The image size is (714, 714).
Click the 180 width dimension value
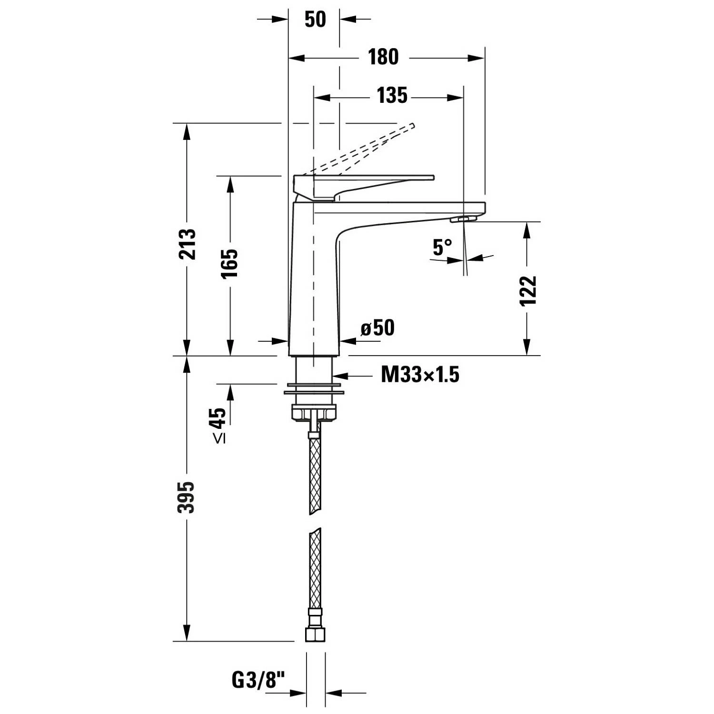[x=383, y=58]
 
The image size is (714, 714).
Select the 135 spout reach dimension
[x=392, y=96]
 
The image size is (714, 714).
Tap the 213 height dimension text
[x=187, y=244]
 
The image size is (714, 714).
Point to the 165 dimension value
[x=230, y=263]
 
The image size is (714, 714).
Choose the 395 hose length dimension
[x=186, y=497]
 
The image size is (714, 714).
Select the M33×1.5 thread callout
[x=420, y=375]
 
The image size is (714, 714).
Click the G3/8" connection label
[x=261, y=680]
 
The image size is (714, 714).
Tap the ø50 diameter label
[x=377, y=328]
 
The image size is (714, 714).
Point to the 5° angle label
[x=443, y=247]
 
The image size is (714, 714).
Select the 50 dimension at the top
[x=315, y=20]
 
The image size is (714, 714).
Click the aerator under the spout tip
[x=463, y=219]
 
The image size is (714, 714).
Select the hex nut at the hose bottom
[x=315, y=634]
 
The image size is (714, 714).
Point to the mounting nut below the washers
[x=314, y=413]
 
